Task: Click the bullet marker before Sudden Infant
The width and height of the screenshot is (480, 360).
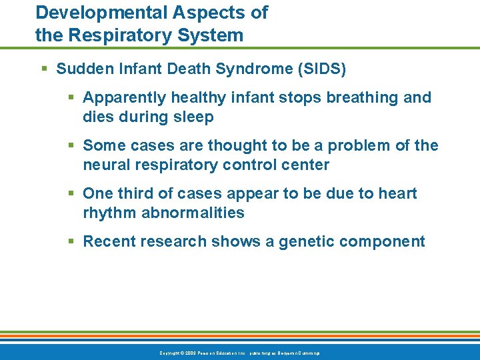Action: pos(43,69)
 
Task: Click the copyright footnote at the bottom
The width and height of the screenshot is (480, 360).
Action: pos(240,352)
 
